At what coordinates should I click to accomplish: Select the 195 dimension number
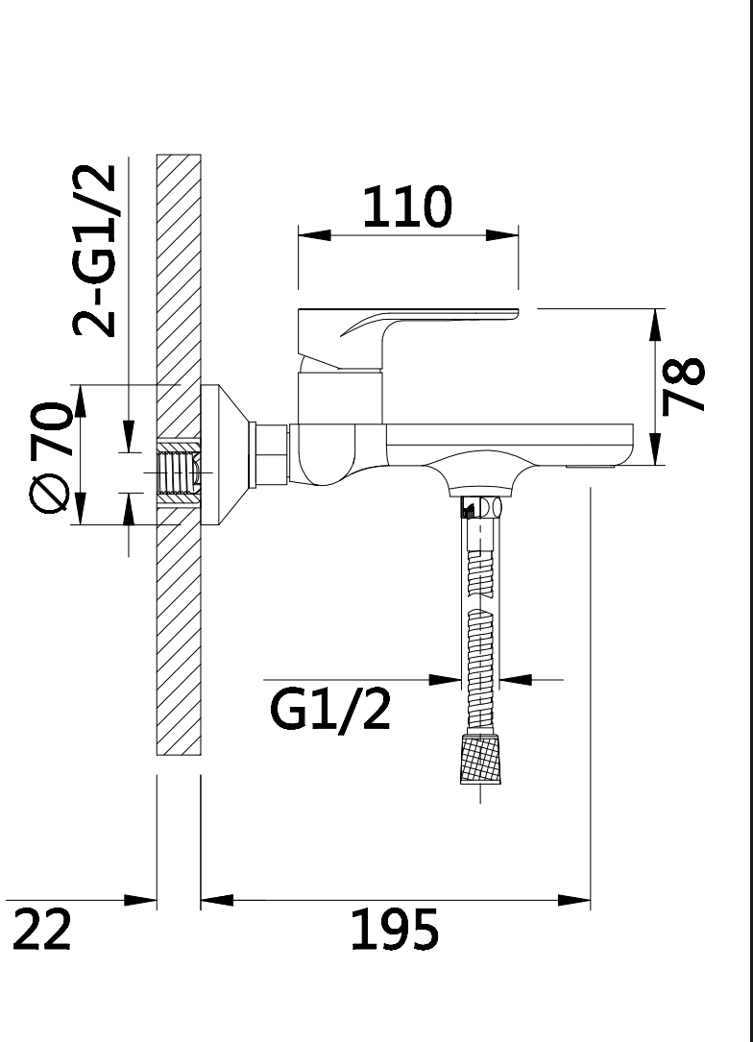[x=394, y=929]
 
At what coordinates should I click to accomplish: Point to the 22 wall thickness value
[x=43, y=929]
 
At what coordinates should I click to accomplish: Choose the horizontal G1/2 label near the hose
[x=329, y=709]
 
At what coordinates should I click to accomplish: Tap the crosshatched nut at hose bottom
[x=482, y=759]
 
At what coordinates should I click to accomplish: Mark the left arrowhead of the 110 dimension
[x=311, y=234]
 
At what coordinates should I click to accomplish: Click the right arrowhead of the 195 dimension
[x=576, y=900]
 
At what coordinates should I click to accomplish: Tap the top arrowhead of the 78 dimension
[x=657, y=325]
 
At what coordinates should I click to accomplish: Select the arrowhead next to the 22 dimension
[x=142, y=900]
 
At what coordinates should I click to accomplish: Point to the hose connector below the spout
[x=480, y=508]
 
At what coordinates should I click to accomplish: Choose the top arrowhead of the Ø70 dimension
[x=80, y=400]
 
